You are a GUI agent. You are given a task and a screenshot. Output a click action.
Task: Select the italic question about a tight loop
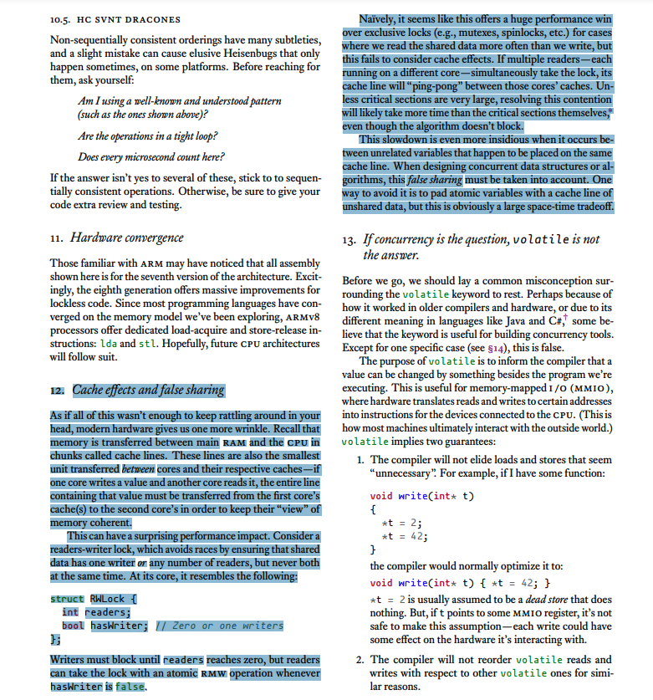147,135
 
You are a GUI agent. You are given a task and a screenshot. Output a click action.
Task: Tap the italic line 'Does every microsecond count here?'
150,156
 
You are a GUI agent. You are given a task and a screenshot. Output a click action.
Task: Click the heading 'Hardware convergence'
126,238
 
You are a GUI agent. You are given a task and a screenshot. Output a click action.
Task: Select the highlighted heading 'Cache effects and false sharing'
148,390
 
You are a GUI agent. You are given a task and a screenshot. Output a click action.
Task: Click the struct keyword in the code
67,599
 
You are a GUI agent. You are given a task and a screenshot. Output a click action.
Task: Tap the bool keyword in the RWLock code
73,625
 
